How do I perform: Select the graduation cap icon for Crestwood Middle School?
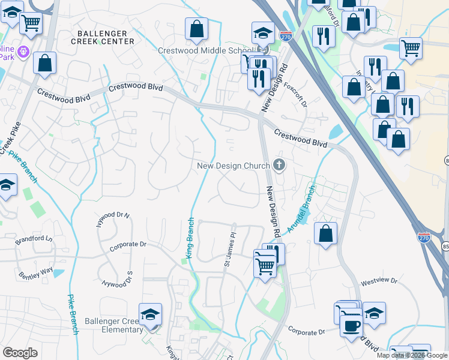pyautogui.click(x=262, y=33)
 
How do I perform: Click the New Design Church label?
pyautogui.click(x=234, y=165)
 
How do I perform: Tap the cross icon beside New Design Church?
pyautogui.click(x=279, y=164)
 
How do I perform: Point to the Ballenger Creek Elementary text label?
pyautogui.click(x=113, y=325)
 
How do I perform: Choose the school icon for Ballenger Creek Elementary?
pyautogui.click(x=150, y=314)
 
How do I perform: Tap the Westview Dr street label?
pyautogui.click(x=376, y=281)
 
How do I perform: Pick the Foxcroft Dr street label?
pyautogui.click(x=295, y=95)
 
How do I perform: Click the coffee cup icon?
pyautogui.click(x=351, y=325)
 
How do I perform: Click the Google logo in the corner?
pyautogui.click(x=20, y=353)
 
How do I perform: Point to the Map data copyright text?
pyautogui.click(x=412, y=355)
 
